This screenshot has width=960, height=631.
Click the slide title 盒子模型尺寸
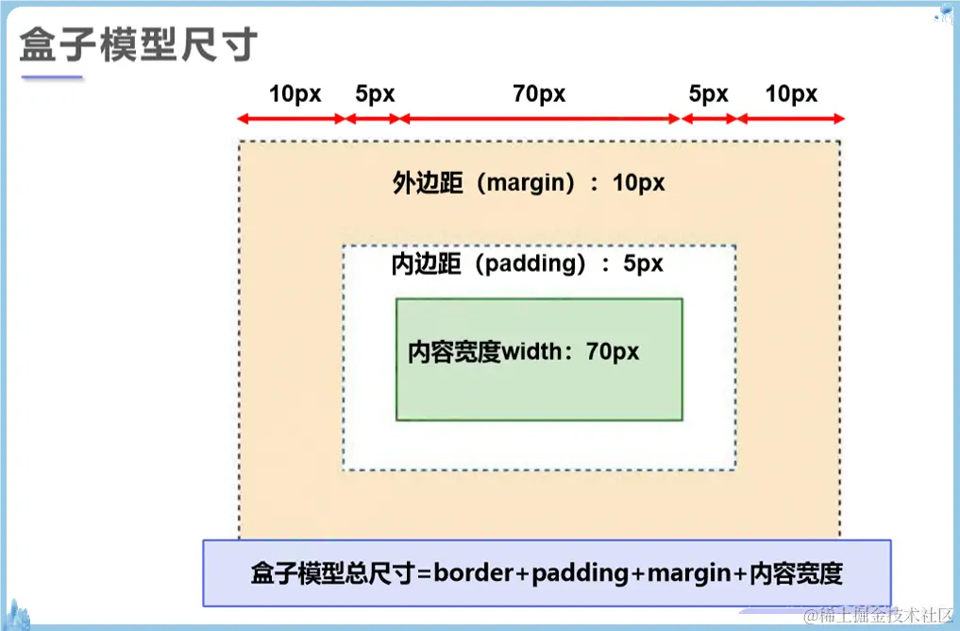pos(138,43)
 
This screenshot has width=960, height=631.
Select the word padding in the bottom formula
pos(579,573)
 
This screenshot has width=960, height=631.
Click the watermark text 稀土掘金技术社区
pos(879,616)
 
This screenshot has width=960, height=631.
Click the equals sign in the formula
pos(425,573)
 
